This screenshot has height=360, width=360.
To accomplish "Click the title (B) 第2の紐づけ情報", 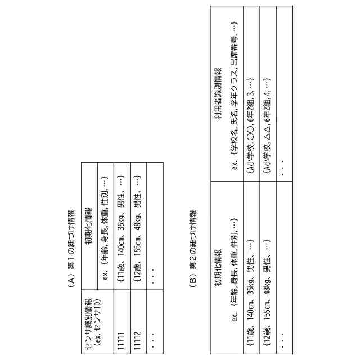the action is (193, 247).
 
